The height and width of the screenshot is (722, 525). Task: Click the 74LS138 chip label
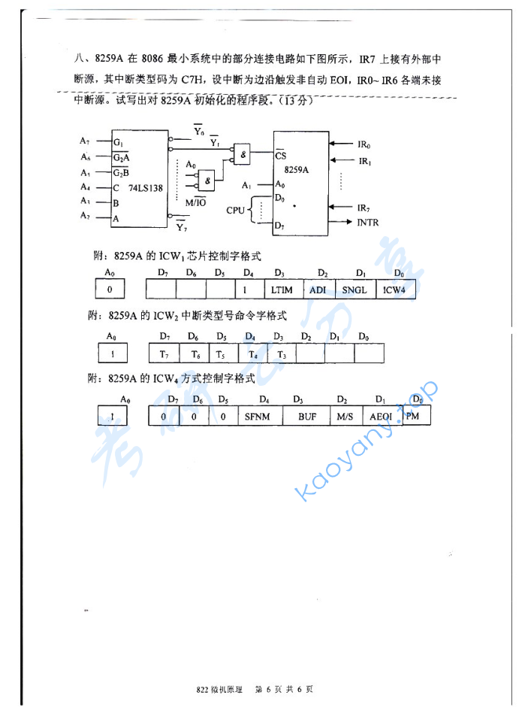click(146, 188)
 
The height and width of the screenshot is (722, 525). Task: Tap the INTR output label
click(368, 223)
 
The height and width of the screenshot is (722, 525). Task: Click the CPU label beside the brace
click(235, 210)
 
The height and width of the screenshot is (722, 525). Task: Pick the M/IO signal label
click(196, 203)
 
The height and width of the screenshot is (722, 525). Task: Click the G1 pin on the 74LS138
click(118, 142)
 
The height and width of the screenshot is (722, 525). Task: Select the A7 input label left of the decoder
click(85, 141)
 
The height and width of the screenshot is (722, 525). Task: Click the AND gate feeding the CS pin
click(243, 153)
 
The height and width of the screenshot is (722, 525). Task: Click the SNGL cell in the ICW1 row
click(355, 290)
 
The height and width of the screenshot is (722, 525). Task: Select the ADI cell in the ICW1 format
click(318, 290)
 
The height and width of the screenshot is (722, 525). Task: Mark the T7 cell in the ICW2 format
click(163, 353)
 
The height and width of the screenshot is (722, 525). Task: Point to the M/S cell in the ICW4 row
click(345, 416)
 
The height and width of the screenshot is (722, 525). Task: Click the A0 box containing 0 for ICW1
click(110, 289)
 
